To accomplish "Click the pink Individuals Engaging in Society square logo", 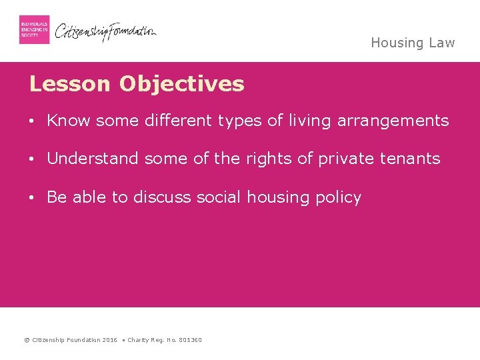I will click(34, 29).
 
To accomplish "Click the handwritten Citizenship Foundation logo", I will click(105, 31).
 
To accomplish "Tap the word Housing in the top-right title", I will click(397, 43).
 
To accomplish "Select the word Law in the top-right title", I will click(441, 43).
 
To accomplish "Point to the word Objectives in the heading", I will click(182, 85).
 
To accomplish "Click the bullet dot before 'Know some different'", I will click(32, 121).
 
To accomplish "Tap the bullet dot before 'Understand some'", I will click(32, 159).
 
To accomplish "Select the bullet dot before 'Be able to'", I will click(32, 198).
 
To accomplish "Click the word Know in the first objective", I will click(69, 121).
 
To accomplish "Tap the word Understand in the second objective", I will click(93, 159).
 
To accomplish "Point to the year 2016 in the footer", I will click(109, 340).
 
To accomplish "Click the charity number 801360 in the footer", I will click(190, 340).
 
